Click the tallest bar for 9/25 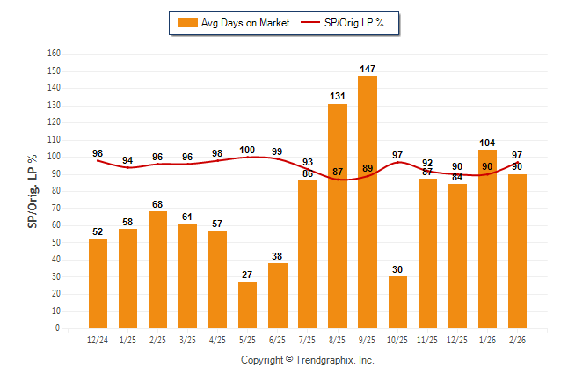pyautogui.click(x=368, y=202)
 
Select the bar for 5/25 pyautogui.click(x=248, y=305)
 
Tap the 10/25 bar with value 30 pyautogui.click(x=397, y=302)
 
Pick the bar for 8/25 pyautogui.click(x=338, y=216)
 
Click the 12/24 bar pyautogui.click(x=98, y=283)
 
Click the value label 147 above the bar pyautogui.click(x=368, y=68)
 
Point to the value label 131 pyautogui.click(x=338, y=96)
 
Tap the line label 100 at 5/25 pyautogui.click(x=247, y=150)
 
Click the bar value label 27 pyautogui.click(x=248, y=274)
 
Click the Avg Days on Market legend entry pyautogui.click(x=233, y=23)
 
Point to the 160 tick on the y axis pyautogui.click(x=54, y=54)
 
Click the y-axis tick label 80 pyautogui.click(x=55, y=191)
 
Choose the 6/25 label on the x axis pyautogui.click(x=278, y=340)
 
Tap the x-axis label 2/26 pyautogui.click(x=517, y=340)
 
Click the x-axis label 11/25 pyautogui.click(x=427, y=340)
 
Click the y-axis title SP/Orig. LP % pyautogui.click(x=33, y=190)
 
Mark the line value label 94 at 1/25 pyautogui.click(x=127, y=160)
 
